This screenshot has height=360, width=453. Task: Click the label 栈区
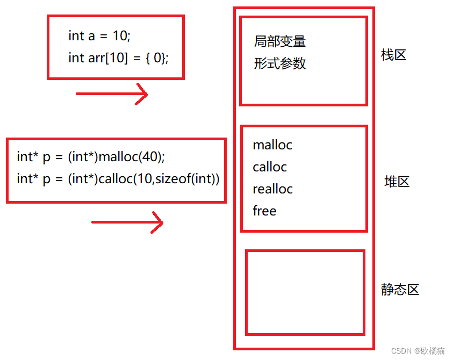tap(393, 55)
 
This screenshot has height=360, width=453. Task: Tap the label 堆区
tap(397, 182)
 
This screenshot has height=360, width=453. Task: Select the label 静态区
tap(400, 290)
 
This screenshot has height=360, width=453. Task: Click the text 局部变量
tap(279, 41)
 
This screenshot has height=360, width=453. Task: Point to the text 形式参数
tap(279, 63)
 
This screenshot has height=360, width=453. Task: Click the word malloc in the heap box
tap(272, 145)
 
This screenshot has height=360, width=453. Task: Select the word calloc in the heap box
tap(270, 167)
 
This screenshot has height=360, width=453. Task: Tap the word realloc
tap(272, 189)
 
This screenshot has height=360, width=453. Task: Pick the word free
tap(264, 211)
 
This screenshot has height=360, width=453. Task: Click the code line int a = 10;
tap(99, 36)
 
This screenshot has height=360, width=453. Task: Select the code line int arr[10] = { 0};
tap(118, 58)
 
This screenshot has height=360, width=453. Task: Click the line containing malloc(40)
tap(91, 156)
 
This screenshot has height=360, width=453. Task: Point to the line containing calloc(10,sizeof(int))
tap(118, 178)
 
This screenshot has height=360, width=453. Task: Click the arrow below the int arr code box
tap(112, 94)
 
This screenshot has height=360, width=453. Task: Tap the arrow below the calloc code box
tap(127, 222)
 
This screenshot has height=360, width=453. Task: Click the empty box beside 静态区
tap(305, 292)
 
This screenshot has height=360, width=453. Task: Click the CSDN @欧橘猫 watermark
tap(418, 351)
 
